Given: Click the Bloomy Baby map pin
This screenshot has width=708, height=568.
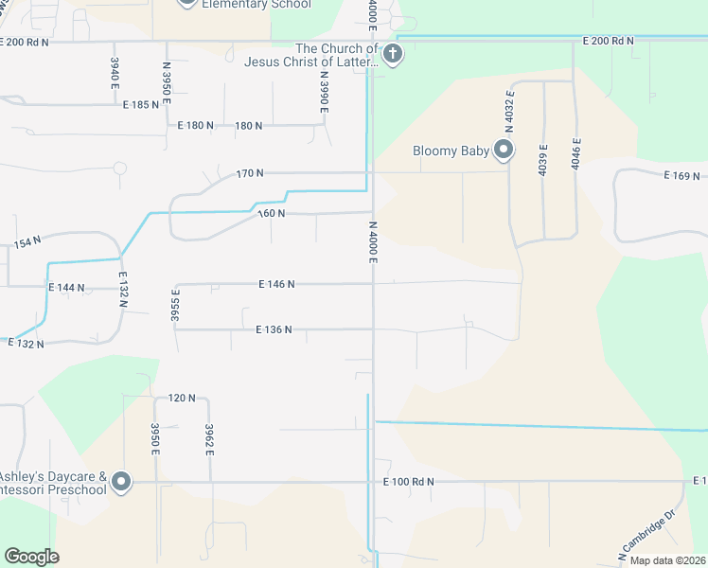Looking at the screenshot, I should pos(504,150).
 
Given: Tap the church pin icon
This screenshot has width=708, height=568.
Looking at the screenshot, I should pos(393,54).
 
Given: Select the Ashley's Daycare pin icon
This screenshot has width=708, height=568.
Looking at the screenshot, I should pos(120,482).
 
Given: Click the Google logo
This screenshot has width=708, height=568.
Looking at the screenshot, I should pos(31,557).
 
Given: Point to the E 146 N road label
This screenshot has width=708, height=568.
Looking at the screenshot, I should pos(276,284).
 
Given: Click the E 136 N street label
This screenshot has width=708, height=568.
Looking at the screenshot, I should pos(274,329).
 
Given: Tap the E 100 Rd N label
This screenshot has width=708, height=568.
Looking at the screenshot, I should pos(409,482).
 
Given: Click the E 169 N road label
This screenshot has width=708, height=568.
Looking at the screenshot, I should pos(681,176).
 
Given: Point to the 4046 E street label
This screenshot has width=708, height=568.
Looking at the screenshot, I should pos(575,153).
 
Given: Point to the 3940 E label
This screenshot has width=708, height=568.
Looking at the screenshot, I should pos(115,74).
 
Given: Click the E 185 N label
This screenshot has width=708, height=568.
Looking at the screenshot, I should pos(141,104).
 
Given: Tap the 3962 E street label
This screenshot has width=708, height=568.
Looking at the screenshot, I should pos(209,439).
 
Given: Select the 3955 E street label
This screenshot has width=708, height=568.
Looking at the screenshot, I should pos(175,308).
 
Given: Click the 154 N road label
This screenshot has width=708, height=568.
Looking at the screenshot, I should pos(27,243).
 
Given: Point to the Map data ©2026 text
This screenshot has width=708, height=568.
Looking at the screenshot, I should pos(665,560).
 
